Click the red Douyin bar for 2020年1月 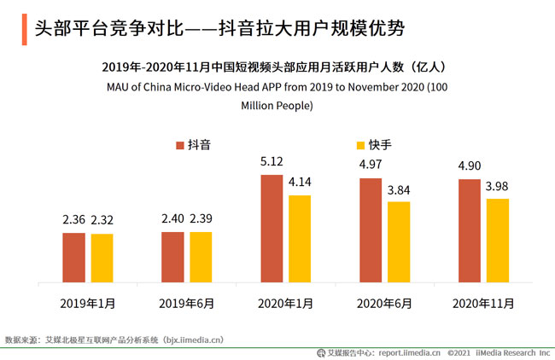tap(272, 229)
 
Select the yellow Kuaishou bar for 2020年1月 tap(300, 239)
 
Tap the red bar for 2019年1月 tap(73, 257)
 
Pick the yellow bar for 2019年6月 tap(201, 257)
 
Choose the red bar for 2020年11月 tap(469, 230)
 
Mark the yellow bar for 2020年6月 tap(399, 241)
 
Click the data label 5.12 tap(271, 161)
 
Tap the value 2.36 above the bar tap(73, 219)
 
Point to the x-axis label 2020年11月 tap(483, 303)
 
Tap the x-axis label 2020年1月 tap(285, 303)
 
